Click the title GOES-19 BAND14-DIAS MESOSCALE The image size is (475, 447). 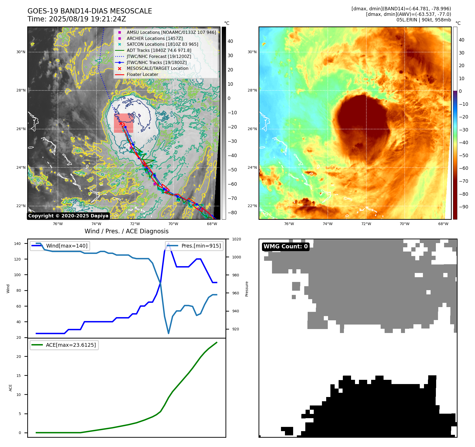pos(90,11)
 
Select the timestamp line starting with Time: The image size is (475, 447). pos(77,19)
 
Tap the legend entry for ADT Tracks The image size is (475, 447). pos(159,50)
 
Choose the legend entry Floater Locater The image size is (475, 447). pos(142,74)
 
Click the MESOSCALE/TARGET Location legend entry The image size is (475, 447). pos(157,68)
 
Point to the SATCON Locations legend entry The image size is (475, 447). pos(162,44)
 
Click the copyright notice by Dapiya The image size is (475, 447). pos(68,216)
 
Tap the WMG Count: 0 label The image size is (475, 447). pos(285,247)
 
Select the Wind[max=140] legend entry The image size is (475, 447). pos(67,246)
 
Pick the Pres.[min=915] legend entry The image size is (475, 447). pos(201,246)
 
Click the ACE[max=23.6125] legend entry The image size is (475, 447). pos(71,345)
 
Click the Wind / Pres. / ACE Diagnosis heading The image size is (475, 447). pos(126,231)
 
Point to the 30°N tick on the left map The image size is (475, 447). pos(21,52)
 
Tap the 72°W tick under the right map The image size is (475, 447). pos(366,224)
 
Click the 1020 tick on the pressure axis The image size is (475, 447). pos(236,239)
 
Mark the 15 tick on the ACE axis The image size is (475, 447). pos(19,376)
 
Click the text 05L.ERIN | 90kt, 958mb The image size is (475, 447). pos(423,20)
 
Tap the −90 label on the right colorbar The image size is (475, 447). pos(463,207)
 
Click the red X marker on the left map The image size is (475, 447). pos(121,123)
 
